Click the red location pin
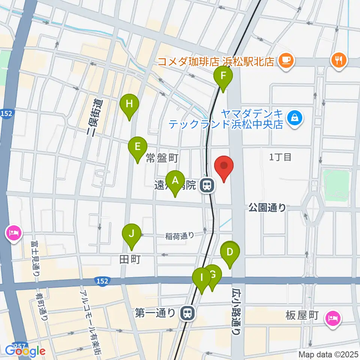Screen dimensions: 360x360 pyautogui.click(x=224, y=167)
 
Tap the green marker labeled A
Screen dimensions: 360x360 pyautogui.click(x=175, y=181)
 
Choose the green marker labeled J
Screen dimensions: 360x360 pyautogui.click(x=132, y=235)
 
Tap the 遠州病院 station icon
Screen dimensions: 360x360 pyautogui.click(x=207, y=185)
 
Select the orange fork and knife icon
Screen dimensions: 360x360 pyautogui.click(x=339, y=60)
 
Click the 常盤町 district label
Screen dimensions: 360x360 pyautogui.click(x=162, y=159)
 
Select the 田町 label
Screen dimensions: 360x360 pyautogui.click(x=130, y=259)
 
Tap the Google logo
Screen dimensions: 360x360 pyautogui.click(x=25, y=351)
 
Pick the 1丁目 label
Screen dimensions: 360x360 pyautogui.click(x=280, y=157)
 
